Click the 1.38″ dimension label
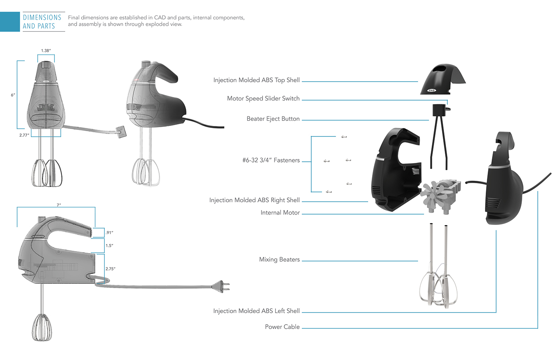point(46,51)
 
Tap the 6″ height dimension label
point(13,95)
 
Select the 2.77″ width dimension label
point(24,135)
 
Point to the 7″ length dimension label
point(58,205)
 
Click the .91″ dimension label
point(109,232)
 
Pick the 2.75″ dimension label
point(110,269)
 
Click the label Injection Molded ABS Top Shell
point(256,80)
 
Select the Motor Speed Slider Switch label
point(263,99)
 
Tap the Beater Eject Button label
point(273,119)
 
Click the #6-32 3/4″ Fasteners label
point(271,160)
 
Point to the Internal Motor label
point(280,213)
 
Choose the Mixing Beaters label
point(279,259)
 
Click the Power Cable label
point(282,327)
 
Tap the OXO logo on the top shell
point(431,90)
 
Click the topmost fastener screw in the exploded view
point(344,137)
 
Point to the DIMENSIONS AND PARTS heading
point(42,22)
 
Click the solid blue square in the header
point(10,22)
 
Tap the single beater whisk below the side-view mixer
point(42,327)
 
